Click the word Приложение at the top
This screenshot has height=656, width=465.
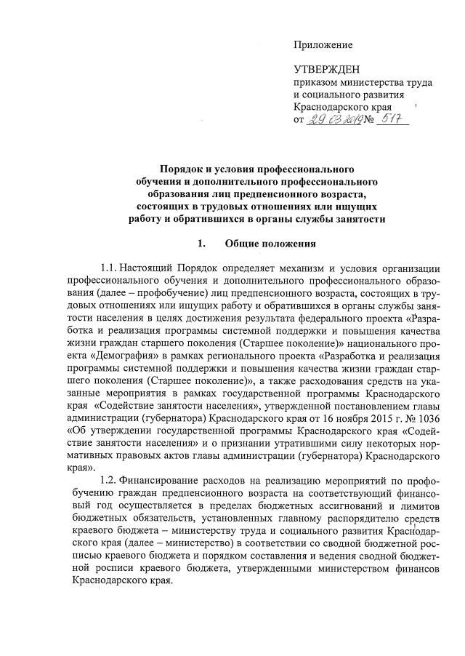323,45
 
